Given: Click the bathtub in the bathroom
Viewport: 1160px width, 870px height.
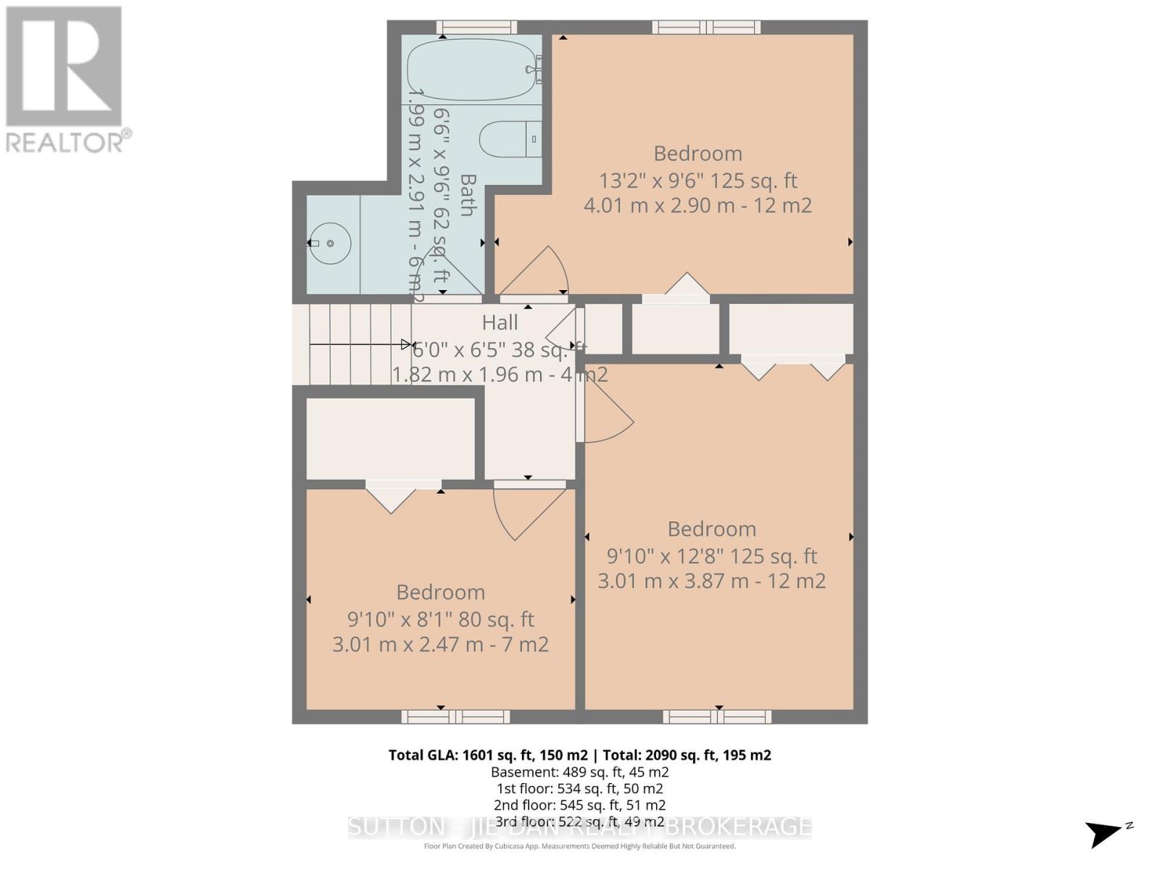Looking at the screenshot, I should pyautogui.click(x=471, y=70).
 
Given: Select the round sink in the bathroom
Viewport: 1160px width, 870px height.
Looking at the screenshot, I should pyautogui.click(x=331, y=244).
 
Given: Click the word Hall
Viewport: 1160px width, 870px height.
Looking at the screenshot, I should pyautogui.click(x=500, y=322).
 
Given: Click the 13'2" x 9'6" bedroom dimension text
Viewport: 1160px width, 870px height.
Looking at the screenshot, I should pyautogui.click(x=697, y=180).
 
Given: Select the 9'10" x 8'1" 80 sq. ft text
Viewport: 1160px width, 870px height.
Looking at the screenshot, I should pyautogui.click(x=441, y=619).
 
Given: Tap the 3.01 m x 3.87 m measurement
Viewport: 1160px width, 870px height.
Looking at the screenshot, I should pyautogui.click(x=711, y=581).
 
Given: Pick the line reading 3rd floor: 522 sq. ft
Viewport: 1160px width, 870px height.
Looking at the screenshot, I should pyautogui.click(x=580, y=821).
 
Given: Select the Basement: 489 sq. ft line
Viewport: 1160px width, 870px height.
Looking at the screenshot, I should pyautogui.click(x=580, y=772).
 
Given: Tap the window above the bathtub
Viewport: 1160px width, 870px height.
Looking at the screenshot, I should pyautogui.click(x=477, y=28).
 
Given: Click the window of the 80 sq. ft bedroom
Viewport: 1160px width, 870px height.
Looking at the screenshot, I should pyautogui.click(x=456, y=716).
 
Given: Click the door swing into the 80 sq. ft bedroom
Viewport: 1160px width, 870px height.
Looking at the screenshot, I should pyautogui.click(x=526, y=511).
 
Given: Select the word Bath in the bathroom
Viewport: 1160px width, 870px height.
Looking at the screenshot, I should pyautogui.click(x=468, y=194).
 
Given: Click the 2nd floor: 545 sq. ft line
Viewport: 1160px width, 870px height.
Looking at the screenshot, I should pyautogui.click(x=580, y=805).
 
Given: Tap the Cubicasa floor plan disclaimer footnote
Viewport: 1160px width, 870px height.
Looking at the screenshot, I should pyautogui.click(x=580, y=846).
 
